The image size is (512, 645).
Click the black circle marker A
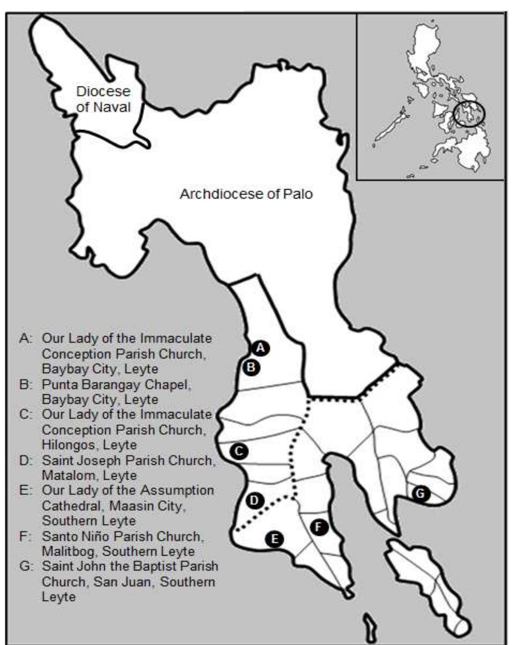click(x=261, y=348)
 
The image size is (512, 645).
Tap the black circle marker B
click(x=251, y=367)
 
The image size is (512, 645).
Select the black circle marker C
click(x=239, y=451)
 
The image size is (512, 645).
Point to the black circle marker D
click(x=254, y=501)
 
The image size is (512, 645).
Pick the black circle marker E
click(x=274, y=539)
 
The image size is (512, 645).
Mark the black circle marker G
click(x=420, y=493)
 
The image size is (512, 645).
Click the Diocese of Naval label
click(x=103, y=99)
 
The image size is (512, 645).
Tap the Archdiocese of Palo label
click(x=246, y=194)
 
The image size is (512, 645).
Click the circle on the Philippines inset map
click(x=469, y=114)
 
